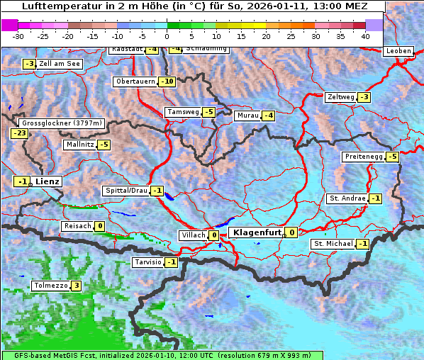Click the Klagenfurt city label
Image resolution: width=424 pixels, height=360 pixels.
point(257,232)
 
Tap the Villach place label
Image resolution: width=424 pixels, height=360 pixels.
point(193,235)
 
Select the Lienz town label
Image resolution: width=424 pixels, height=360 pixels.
point(48,181)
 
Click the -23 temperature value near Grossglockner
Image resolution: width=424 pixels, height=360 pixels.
point(19,133)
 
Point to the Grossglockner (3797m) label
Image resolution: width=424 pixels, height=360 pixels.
point(62,123)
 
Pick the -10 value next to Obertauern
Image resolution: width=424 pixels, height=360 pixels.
point(167,81)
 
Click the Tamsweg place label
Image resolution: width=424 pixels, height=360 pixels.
point(182,112)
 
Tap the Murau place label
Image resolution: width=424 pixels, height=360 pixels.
point(247,116)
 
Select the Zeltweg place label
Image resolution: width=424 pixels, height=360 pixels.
point(341,97)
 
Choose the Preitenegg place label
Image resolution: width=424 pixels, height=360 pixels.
point(363,157)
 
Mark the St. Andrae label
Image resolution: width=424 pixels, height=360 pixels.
point(347,198)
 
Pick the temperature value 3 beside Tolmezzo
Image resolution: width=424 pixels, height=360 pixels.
point(76,286)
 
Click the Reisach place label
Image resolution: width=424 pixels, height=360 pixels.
point(78,226)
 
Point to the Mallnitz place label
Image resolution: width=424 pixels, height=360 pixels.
point(79,145)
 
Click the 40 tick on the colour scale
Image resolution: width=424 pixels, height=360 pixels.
point(365,35)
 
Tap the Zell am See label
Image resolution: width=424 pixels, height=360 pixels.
point(60,64)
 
